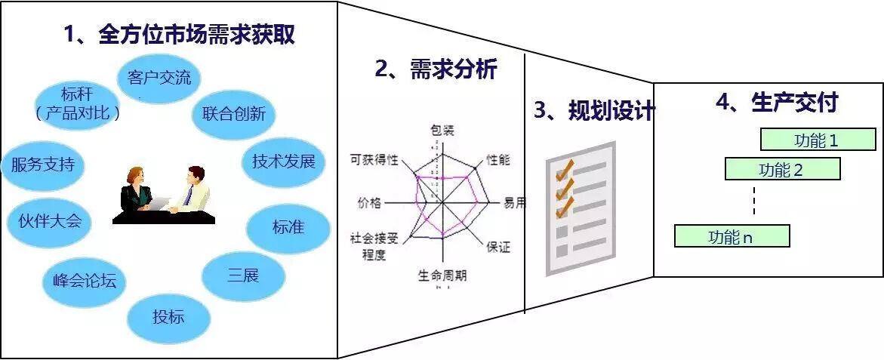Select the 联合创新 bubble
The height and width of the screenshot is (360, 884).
click(233, 115)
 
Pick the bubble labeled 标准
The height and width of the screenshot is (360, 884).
click(288, 226)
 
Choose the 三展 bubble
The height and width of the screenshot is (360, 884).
click(243, 275)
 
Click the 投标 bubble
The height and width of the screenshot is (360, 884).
click(168, 317)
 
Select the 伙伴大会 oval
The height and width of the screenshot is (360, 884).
click(49, 221)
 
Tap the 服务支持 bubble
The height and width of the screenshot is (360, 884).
click(42, 164)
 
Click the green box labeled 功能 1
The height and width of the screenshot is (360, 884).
click(817, 140)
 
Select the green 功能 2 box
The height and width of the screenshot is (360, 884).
click(782, 169)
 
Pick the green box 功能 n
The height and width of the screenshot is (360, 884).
click(731, 236)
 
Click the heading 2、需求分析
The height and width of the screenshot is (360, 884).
click(436, 69)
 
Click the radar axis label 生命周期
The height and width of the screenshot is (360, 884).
click(442, 275)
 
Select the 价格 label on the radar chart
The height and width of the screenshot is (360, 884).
click(370, 202)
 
